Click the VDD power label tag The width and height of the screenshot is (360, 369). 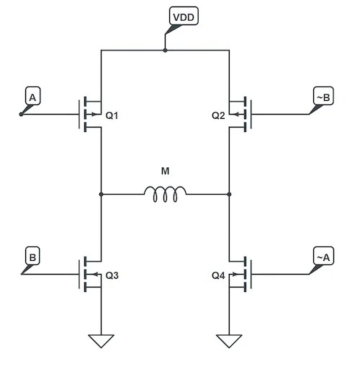(x=180, y=16)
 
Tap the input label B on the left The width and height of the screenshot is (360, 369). (x=33, y=256)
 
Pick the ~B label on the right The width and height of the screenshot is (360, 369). (x=322, y=96)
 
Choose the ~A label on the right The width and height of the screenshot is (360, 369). (x=322, y=256)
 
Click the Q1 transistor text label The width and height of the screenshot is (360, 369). (x=112, y=115)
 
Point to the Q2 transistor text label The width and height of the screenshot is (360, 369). (x=219, y=115)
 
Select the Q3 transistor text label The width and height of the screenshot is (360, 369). (x=112, y=275)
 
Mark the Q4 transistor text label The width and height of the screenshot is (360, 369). (x=219, y=275)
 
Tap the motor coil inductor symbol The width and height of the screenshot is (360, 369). (x=165, y=192)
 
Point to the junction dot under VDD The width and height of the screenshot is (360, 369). (x=165, y=50)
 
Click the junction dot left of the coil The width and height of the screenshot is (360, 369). (x=102, y=194)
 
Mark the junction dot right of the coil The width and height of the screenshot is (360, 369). (x=229, y=194)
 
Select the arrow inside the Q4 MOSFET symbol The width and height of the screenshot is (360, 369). (x=238, y=275)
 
